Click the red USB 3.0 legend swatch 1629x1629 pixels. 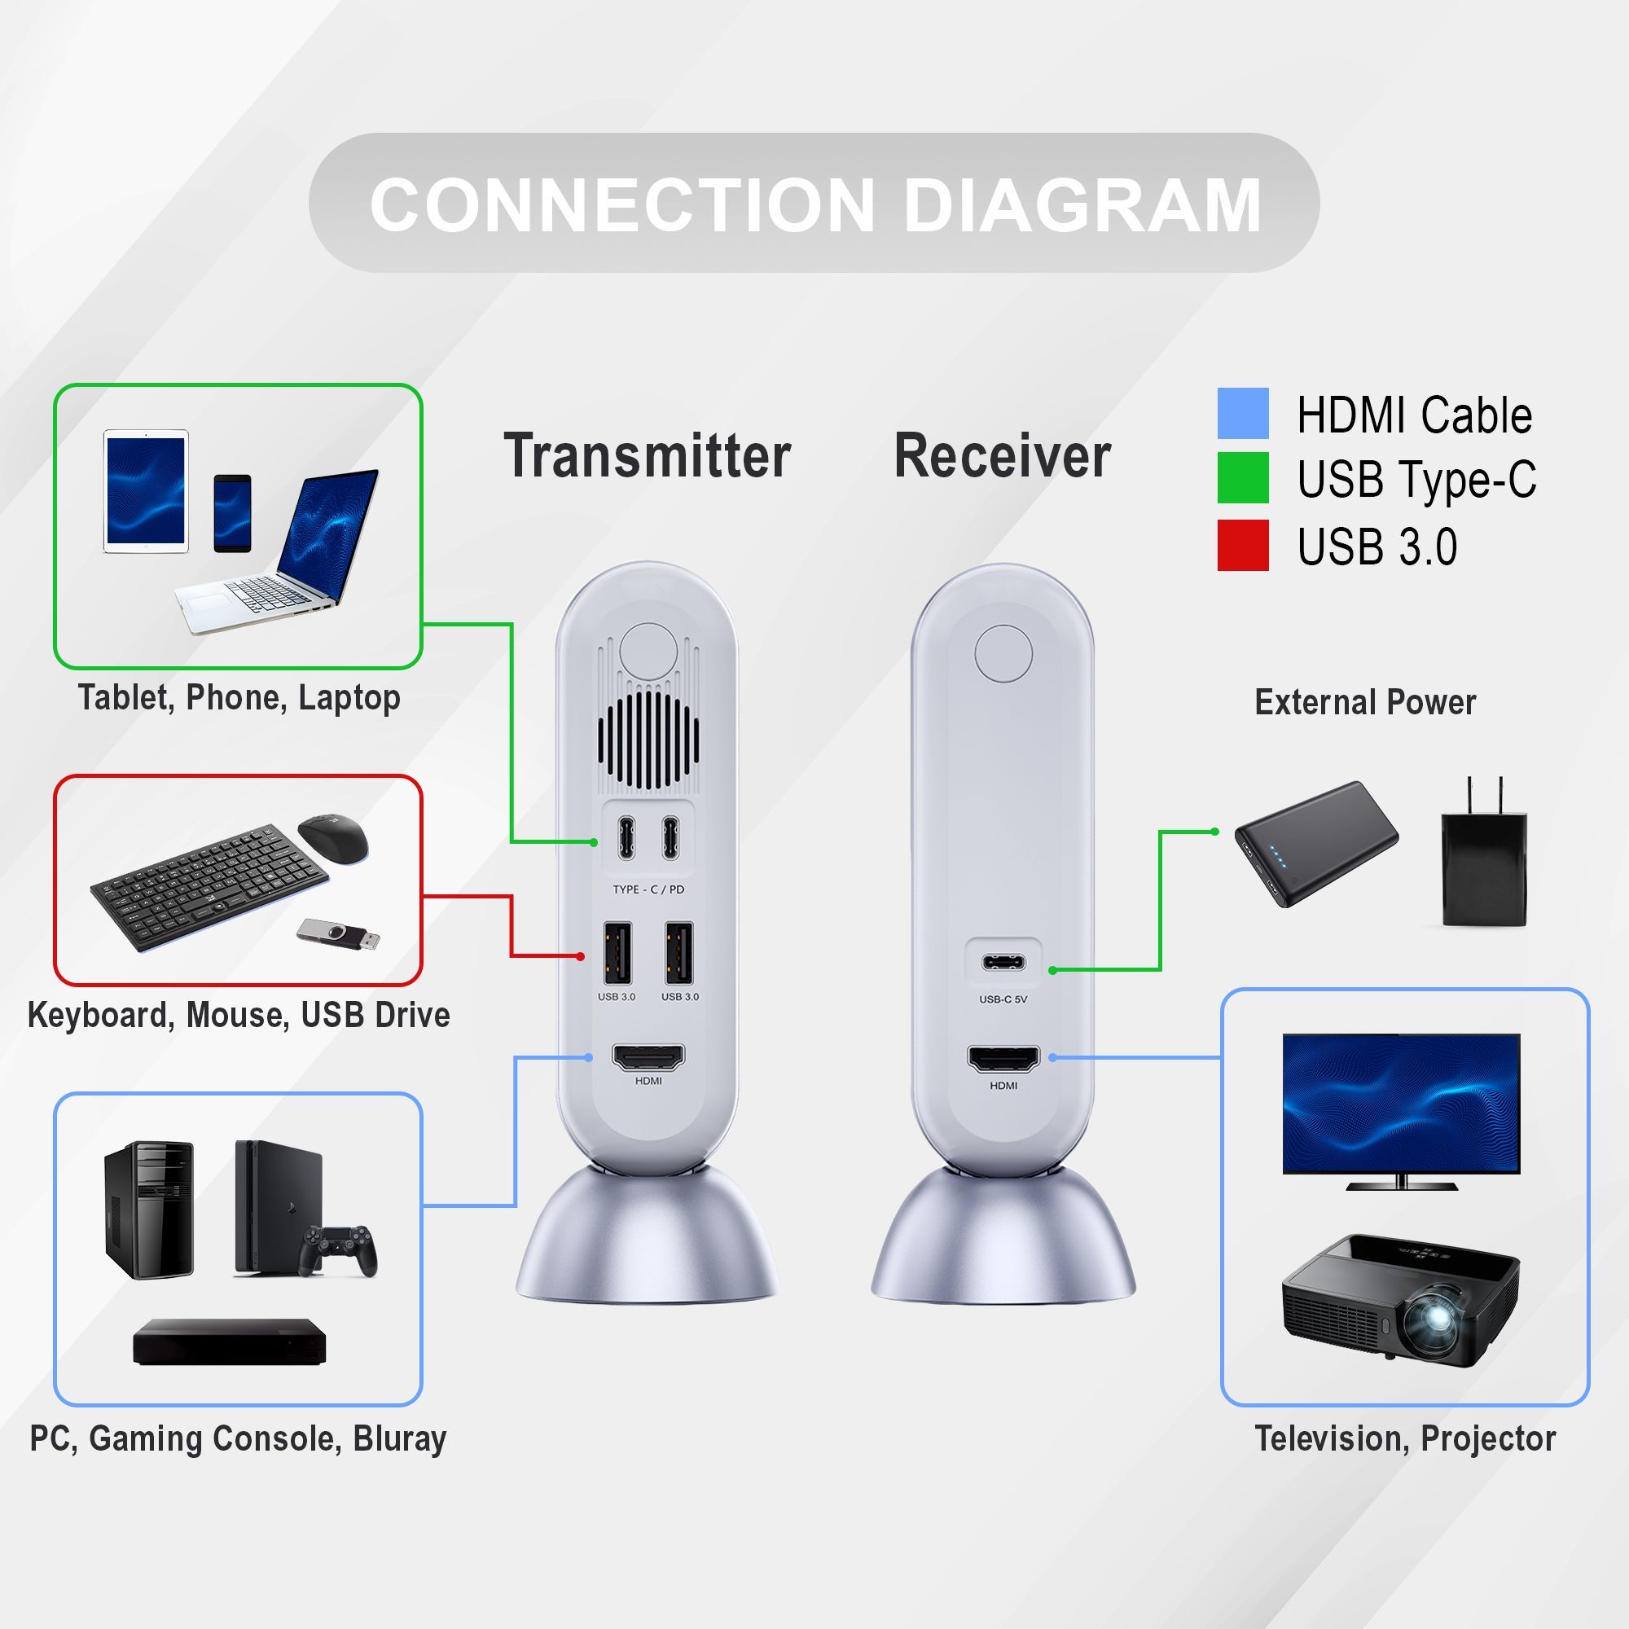pos(1242,545)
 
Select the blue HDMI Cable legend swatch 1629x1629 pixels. pos(1242,413)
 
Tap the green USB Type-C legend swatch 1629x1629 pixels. pos(1242,478)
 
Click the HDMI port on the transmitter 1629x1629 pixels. pos(648,1056)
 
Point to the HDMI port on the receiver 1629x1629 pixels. pos(1003,1059)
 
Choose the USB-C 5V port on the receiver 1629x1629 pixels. pos(1003,963)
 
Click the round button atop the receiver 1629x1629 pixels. pos(1003,653)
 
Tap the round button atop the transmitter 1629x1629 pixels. pos(648,652)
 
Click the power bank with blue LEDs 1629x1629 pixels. pos(1315,844)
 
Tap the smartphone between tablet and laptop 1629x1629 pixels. pos(232,512)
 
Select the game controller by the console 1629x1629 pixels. pos(339,1249)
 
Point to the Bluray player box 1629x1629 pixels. pos(230,1342)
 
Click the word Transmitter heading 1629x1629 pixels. pos(647,456)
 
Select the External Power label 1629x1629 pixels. pos(1364,702)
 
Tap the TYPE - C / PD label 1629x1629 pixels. pos(648,889)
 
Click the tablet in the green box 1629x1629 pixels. pos(146,492)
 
